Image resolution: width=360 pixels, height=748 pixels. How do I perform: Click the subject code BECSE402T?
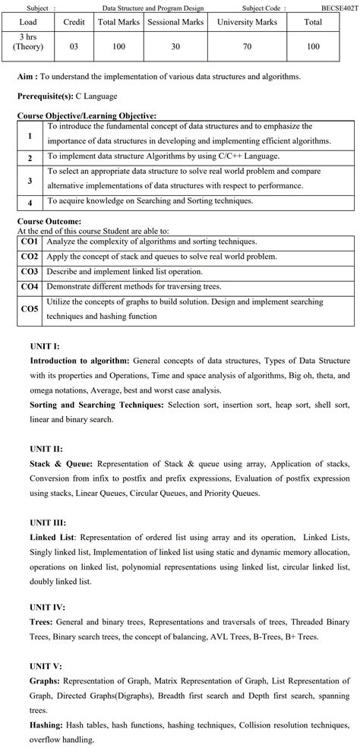[x=339, y=7]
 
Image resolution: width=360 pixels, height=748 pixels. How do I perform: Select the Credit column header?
[x=74, y=23]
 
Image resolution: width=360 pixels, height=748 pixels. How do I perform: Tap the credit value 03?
[x=74, y=47]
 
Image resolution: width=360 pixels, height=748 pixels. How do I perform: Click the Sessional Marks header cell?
[x=175, y=23]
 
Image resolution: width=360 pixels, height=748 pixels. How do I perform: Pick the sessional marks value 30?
[x=175, y=47]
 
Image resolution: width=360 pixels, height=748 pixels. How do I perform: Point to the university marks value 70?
[x=247, y=47]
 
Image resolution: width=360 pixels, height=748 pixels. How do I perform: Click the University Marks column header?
[x=247, y=23]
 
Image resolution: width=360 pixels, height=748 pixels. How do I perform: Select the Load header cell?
[x=28, y=23]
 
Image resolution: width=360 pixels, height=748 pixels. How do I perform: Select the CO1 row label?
[x=30, y=241]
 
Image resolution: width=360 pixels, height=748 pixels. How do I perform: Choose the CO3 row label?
[x=30, y=271]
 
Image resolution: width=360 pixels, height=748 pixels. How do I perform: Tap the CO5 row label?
[x=30, y=308]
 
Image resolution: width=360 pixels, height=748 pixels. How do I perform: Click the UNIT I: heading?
[x=45, y=346]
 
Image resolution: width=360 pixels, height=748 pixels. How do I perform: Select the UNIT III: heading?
[x=48, y=522]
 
